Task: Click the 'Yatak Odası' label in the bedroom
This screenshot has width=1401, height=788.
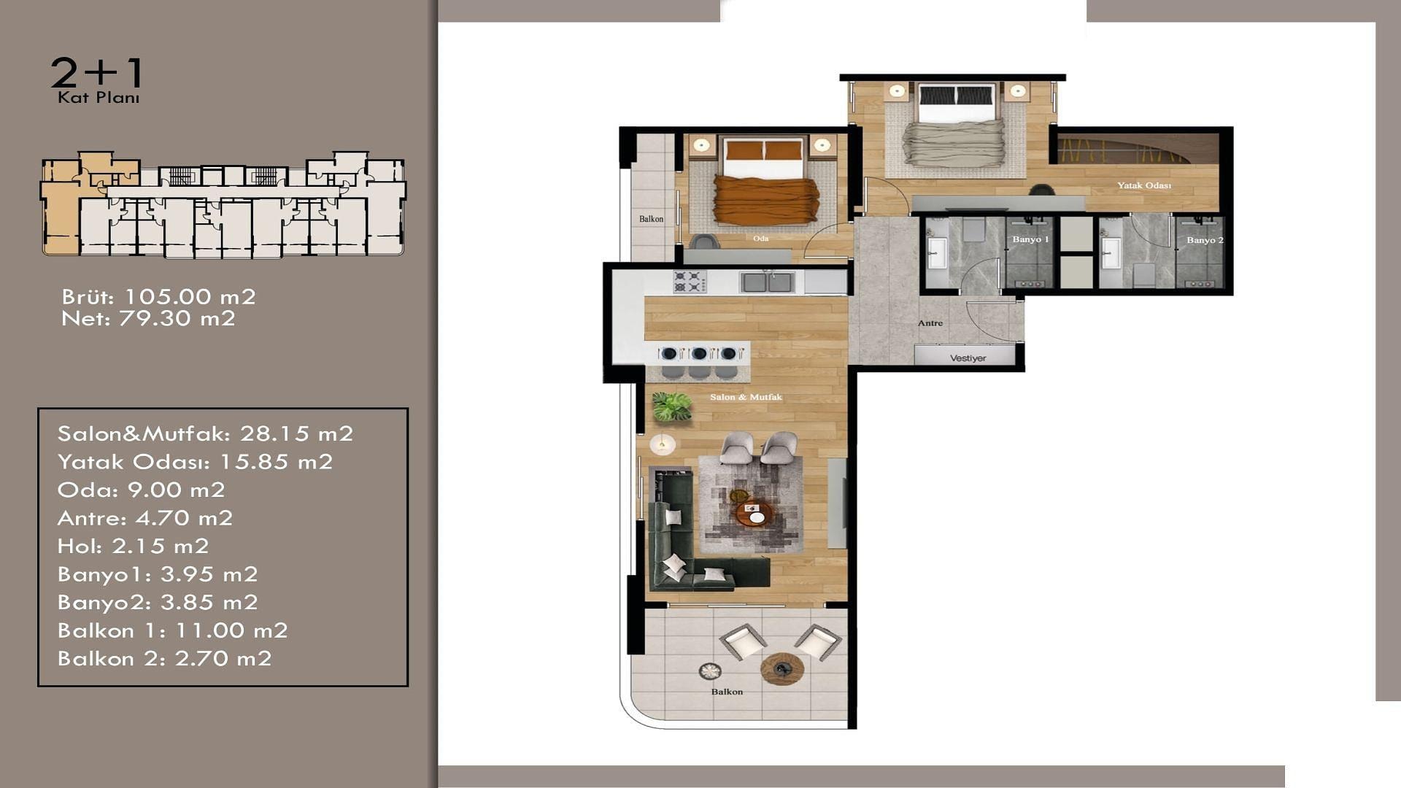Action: click(x=1144, y=185)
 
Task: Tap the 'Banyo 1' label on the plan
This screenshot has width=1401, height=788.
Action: click(x=1030, y=239)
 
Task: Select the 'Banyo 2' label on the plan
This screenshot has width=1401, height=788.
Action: click(x=1205, y=240)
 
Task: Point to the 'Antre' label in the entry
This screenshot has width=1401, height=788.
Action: click(x=930, y=322)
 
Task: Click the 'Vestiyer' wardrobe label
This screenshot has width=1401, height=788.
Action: click(x=968, y=358)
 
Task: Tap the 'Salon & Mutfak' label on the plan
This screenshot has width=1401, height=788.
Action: click(x=746, y=397)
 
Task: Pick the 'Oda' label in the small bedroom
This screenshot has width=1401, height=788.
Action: click(x=760, y=239)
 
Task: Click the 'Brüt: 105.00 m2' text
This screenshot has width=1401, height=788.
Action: click(x=159, y=297)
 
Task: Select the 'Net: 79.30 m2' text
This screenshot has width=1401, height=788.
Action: click(x=149, y=319)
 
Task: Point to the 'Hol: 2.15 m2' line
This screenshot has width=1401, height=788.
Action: click(x=134, y=546)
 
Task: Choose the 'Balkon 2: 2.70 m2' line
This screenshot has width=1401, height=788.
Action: click(x=165, y=659)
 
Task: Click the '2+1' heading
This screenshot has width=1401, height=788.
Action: click(x=97, y=74)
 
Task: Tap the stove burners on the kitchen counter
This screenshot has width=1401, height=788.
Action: click(x=690, y=282)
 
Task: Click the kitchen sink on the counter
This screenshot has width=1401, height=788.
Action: click(x=767, y=282)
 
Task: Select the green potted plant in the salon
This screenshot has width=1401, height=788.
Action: click(x=672, y=407)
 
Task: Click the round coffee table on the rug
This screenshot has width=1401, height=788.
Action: click(x=754, y=513)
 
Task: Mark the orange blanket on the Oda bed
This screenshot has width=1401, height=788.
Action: click(x=766, y=200)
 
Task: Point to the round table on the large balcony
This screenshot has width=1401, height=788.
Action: click(x=782, y=668)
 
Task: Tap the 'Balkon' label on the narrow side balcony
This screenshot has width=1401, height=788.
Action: click(x=652, y=219)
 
